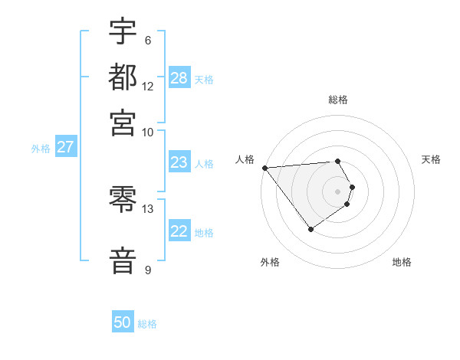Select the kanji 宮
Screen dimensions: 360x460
pyautogui.click(x=123, y=122)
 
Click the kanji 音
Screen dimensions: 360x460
pyautogui.click(x=123, y=260)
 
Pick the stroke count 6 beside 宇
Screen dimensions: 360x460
pyautogui.click(x=147, y=41)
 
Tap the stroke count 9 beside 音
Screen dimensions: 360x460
pyautogui.click(x=147, y=270)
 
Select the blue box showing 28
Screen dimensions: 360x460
pyautogui.click(x=179, y=77)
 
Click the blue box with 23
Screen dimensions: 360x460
pyautogui.click(x=179, y=162)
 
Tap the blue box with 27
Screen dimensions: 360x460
pyautogui.click(x=65, y=147)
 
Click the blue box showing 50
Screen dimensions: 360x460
pyautogui.click(x=123, y=322)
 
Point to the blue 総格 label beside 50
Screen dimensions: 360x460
pyautogui.click(x=147, y=324)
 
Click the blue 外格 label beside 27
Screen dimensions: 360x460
pyautogui.click(x=41, y=149)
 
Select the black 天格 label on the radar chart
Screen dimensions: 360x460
pyautogui.click(x=431, y=159)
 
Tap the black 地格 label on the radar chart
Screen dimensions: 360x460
pyautogui.click(x=402, y=262)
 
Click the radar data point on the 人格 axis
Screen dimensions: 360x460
pyautogui.click(x=264, y=168)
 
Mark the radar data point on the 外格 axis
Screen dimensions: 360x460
pyautogui.click(x=310, y=228)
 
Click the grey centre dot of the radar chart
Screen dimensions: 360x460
pyautogui.click(x=337, y=191)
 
